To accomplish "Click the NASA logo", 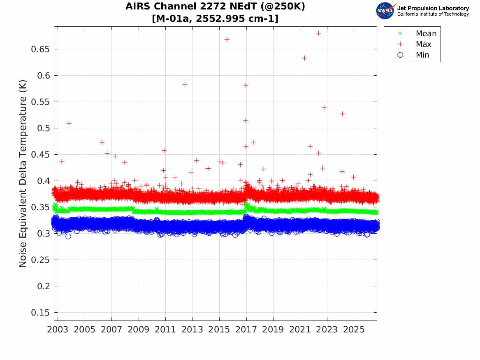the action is point(385,11).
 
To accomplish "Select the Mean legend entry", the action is point(418,33).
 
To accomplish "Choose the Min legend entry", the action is point(413,55).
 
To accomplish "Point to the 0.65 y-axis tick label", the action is point(40,49).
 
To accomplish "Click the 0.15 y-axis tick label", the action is point(40,313).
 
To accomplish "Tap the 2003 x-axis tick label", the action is point(58,330).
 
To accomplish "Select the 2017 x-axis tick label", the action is point(246,330).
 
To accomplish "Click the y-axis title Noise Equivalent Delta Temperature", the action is point(23,173).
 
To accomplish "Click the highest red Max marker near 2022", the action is point(318,33).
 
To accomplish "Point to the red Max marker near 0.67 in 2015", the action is point(227,39).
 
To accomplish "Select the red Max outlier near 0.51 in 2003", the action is point(69,123).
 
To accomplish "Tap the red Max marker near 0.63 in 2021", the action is point(304,58).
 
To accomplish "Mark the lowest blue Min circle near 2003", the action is point(68,236).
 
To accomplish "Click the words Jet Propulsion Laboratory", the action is point(433,8).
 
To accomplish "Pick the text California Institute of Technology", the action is point(433,14).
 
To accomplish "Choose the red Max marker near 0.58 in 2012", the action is point(185,84).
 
